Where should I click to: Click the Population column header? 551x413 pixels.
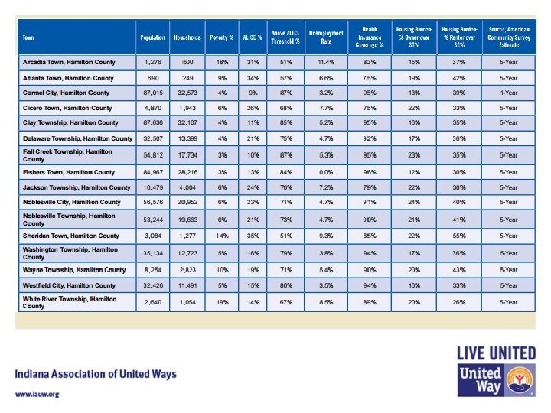[x=152, y=37]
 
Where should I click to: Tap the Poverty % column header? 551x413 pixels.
[x=220, y=37]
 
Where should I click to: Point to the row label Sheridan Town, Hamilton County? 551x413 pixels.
[x=70, y=236]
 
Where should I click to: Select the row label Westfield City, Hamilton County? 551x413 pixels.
[x=71, y=285]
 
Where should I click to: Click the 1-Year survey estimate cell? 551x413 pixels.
[x=509, y=93]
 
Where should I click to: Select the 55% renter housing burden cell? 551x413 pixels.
[x=461, y=236]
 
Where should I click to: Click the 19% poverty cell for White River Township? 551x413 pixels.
[x=220, y=302]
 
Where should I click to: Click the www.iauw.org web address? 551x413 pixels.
[x=37, y=394]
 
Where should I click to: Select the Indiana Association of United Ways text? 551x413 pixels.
[x=96, y=374]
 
